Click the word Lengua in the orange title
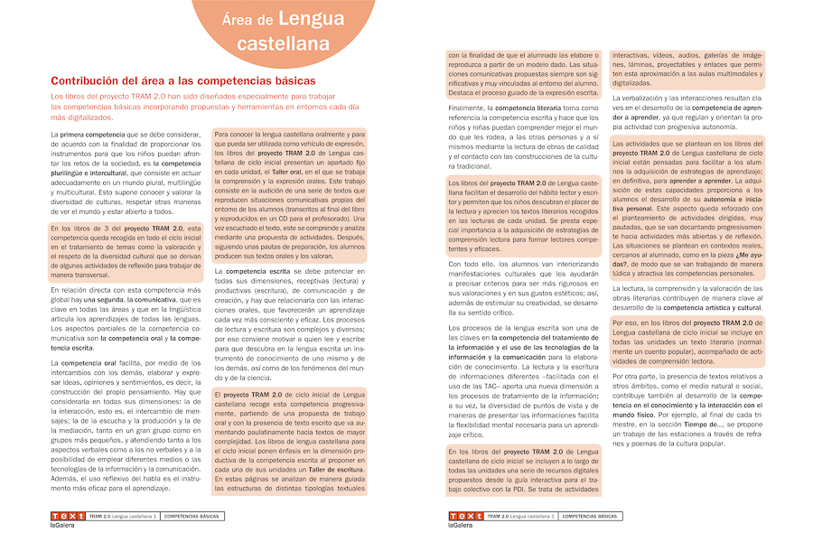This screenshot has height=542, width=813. click(304, 18)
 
